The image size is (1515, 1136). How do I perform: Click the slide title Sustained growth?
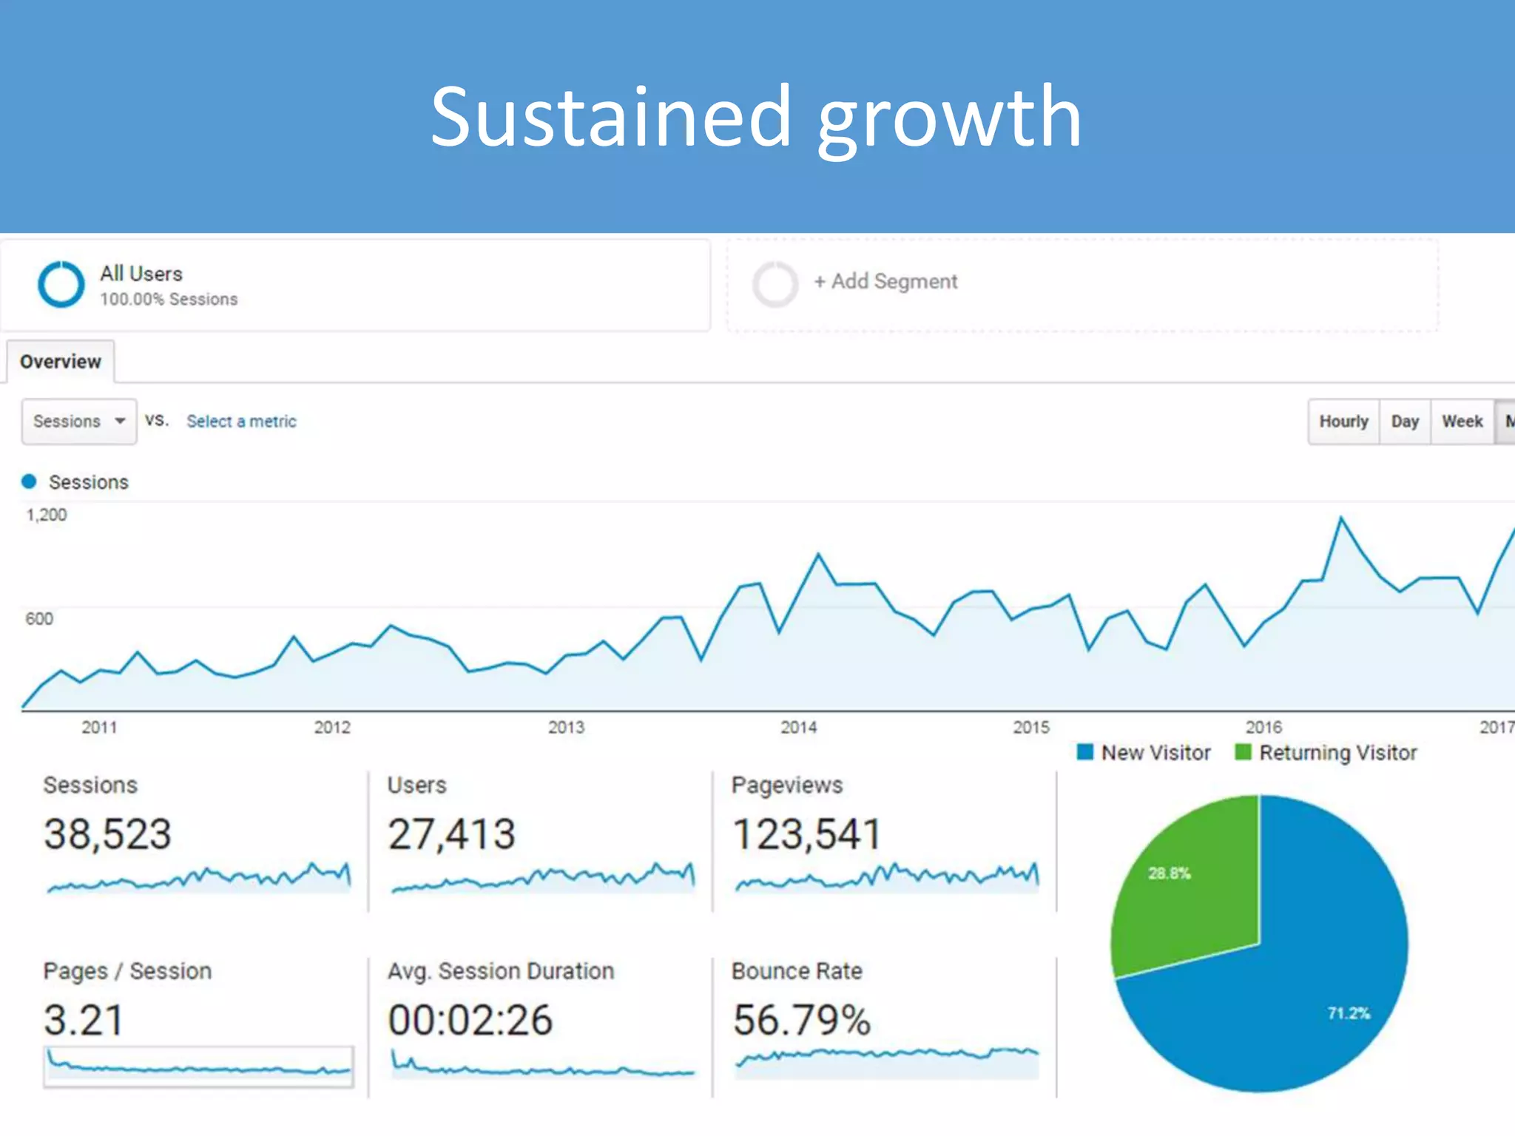pyautogui.click(x=756, y=118)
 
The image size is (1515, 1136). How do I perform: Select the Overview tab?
pyautogui.click(x=61, y=362)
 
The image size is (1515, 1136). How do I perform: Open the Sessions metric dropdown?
pyautogui.click(x=78, y=422)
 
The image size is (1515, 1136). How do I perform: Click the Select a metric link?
pyautogui.click(x=241, y=422)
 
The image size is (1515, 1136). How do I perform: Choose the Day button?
pyautogui.click(x=1404, y=422)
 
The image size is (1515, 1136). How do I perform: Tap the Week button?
pyautogui.click(x=1462, y=422)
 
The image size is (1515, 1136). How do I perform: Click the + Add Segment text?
pyautogui.click(x=885, y=282)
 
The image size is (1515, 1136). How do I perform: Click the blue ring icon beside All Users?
pyautogui.click(x=61, y=284)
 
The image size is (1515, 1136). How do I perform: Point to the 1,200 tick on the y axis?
pyautogui.click(x=46, y=515)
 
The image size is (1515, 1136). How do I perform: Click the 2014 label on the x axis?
pyautogui.click(x=798, y=728)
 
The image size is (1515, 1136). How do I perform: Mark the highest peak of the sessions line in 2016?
pyautogui.click(x=1341, y=518)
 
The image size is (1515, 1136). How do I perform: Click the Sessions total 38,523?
pyautogui.click(x=108, y=834)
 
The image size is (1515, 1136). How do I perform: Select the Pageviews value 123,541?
pyautogui.click(x=806, y=834)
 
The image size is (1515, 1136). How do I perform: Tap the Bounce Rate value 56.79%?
pyautogui.click(x=801, y=1020)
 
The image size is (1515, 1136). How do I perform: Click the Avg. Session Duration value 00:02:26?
pyautogui.click(x=470, y=1020)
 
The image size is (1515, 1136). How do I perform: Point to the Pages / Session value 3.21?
pyautogui.click(x=84, y=1020)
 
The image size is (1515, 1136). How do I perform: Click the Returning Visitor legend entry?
pyautogui.click(x=1326, y=753)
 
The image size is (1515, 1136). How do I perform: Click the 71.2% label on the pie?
pyautogui.click(x=1348, y=1013)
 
